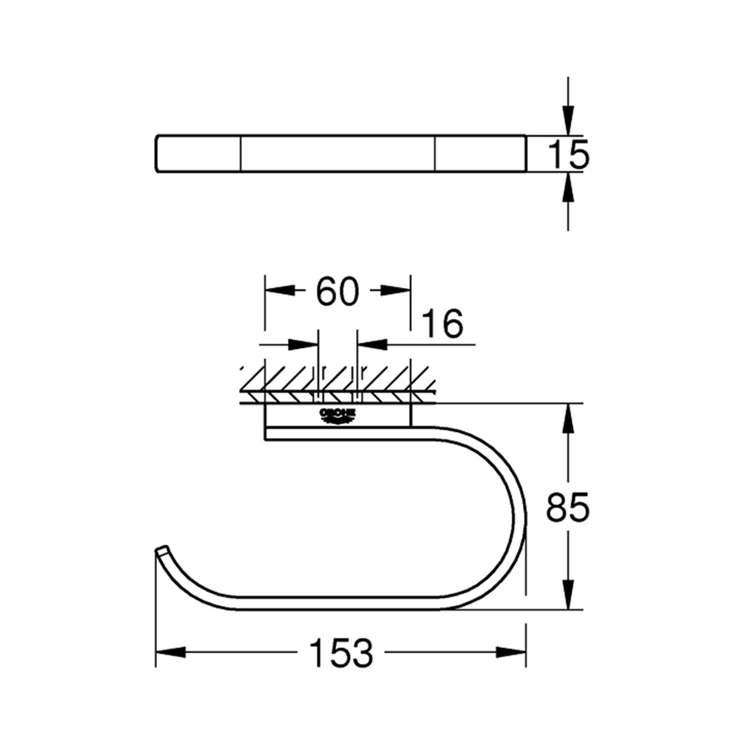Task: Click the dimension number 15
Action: (x=568, y=154)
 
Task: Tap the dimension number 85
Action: (x=568, y=507)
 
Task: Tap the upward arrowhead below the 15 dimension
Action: (x=568, y=184)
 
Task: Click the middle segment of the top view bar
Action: (x=337, y=154)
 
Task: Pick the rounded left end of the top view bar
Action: (x=158, y=154)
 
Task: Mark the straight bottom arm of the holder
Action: (x=331, y=603)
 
